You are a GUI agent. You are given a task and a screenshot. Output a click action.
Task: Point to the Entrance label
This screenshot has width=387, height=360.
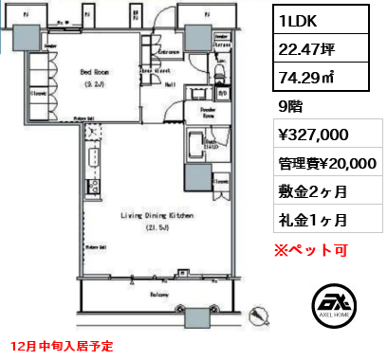click(170, 51)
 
